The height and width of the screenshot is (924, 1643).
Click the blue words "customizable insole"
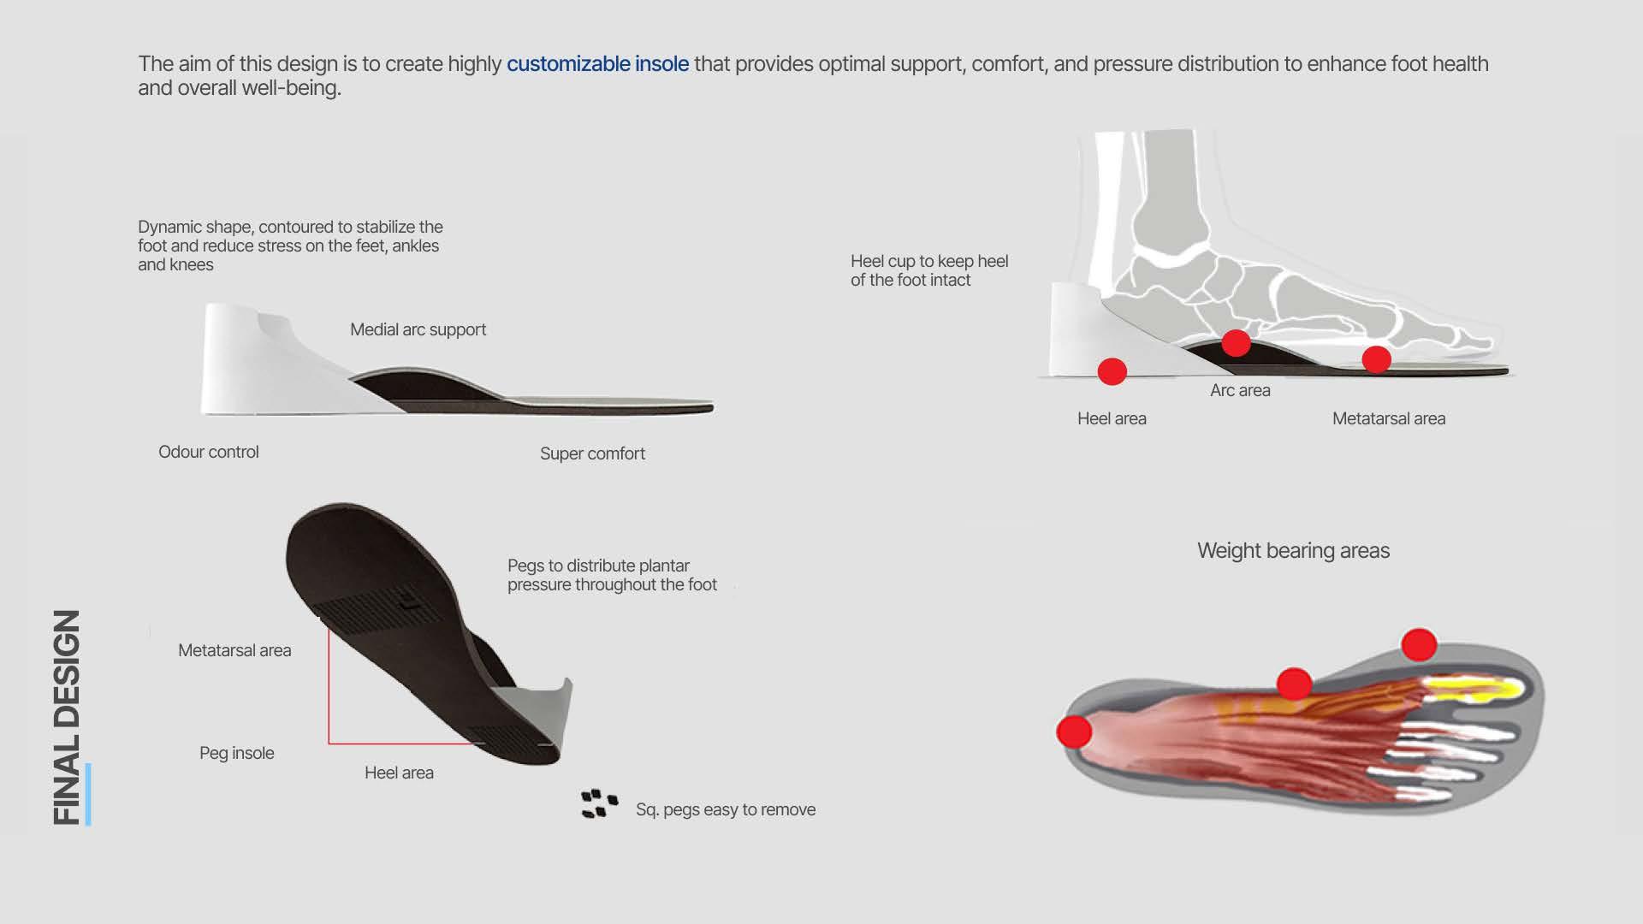[597, 64]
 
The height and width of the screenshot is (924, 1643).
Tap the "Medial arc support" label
[418, 329]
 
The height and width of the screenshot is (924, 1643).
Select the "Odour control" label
[208, 452]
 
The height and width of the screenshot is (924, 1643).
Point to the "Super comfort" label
[592, 453]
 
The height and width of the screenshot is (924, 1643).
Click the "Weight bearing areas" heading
[1293, 550]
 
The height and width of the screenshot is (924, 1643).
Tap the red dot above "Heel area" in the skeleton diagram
[1112, 371]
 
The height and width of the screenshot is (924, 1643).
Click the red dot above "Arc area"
[1236, 343]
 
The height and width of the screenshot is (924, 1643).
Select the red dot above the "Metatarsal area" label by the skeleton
[1376, 359]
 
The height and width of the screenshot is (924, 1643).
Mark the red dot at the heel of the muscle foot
[1074, 731]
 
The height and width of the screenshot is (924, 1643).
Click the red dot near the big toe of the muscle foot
[1419, 644]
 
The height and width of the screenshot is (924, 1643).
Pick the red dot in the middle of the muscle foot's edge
[1294, 684]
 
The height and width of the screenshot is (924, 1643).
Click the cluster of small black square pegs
[599, 803]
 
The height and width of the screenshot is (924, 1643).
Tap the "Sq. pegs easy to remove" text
[725, 809]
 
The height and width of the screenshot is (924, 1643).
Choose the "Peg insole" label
[236, 753]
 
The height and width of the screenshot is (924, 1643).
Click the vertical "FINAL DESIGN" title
[67, 717]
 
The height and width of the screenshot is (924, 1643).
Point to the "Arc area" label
[1240, 390]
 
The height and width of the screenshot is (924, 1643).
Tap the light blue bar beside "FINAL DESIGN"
[88, 794]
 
